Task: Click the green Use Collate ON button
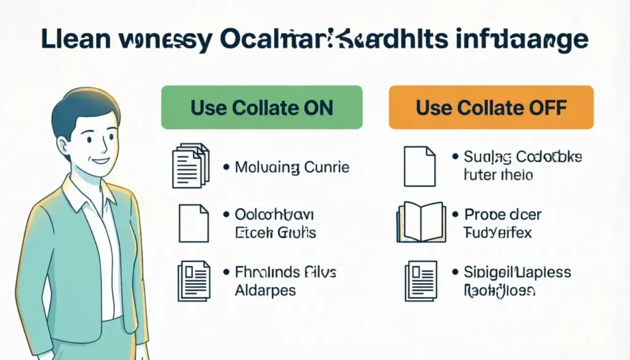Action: [x=261, y=108]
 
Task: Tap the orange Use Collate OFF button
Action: [x=491, y=108]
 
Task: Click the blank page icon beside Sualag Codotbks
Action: [x=420, y=165]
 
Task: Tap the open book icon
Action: [x=421, y=222]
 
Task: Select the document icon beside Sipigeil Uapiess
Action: [x=421, y=280]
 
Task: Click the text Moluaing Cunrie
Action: [x=292, y=167]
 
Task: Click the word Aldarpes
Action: [x=265, y=290]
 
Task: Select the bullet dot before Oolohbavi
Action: [x=225, y=215]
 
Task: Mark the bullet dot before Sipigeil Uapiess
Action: [x=456, y=272]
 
